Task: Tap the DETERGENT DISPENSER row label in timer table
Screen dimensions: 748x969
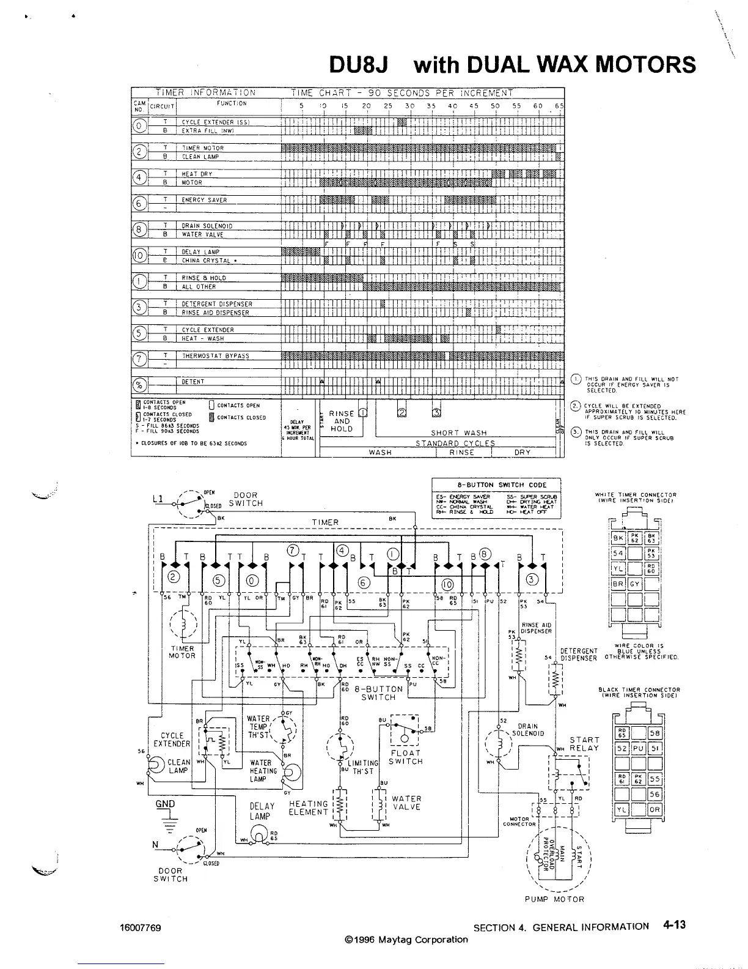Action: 217,304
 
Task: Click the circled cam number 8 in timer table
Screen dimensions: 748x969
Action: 140,230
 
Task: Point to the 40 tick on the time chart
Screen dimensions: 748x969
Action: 452,106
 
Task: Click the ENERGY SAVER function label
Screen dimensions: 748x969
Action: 204,200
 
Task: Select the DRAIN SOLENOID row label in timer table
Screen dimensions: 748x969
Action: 207,226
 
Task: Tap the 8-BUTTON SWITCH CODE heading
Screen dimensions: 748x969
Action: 496,484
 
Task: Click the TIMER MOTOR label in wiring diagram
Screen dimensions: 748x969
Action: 182,652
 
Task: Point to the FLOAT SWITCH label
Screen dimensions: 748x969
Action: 406,757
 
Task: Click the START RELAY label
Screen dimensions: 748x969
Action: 584,744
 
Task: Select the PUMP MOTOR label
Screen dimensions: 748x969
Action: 555,899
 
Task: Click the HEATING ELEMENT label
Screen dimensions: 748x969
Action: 309,808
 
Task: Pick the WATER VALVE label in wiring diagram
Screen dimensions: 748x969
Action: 406,803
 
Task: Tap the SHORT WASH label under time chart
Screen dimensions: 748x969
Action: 458,433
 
